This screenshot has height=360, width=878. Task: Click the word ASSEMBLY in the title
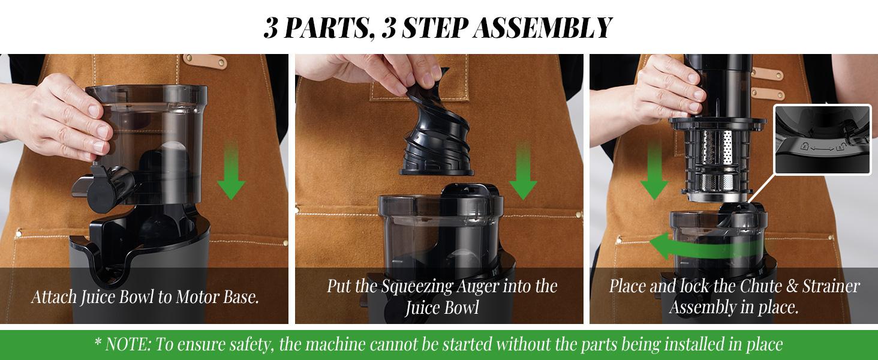(542, 28)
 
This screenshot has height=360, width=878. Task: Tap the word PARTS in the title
(326, 28)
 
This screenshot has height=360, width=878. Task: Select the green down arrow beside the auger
(523, 171)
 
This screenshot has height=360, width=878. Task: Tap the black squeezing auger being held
(434, 130)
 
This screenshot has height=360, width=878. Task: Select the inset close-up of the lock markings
(822, 139)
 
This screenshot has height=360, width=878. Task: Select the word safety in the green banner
(251, 345)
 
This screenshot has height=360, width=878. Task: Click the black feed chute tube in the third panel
(717, 86)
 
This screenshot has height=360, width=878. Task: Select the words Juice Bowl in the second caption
(442, 307)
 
